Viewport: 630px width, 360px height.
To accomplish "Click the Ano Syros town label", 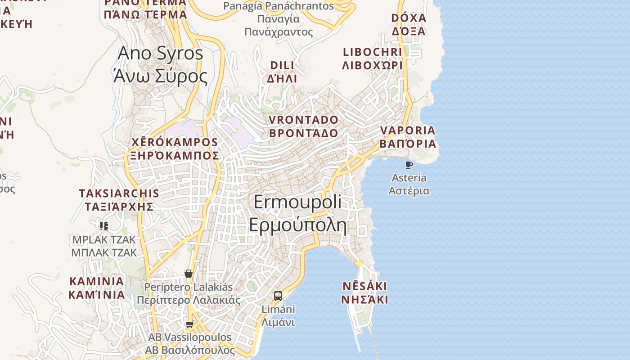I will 160,64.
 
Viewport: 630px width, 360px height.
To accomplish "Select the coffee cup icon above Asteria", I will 409,165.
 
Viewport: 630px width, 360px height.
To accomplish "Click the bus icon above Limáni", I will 278,296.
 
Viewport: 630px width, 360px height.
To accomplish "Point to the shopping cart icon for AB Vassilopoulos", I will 189,324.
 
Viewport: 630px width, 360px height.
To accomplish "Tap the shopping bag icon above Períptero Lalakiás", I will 189,273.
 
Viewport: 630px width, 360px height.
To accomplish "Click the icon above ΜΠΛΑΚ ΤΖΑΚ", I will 104,226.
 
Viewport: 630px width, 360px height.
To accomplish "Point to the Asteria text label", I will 409,178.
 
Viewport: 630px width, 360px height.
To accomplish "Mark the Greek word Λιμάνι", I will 278,323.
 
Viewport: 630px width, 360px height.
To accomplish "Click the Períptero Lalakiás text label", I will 189,287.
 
